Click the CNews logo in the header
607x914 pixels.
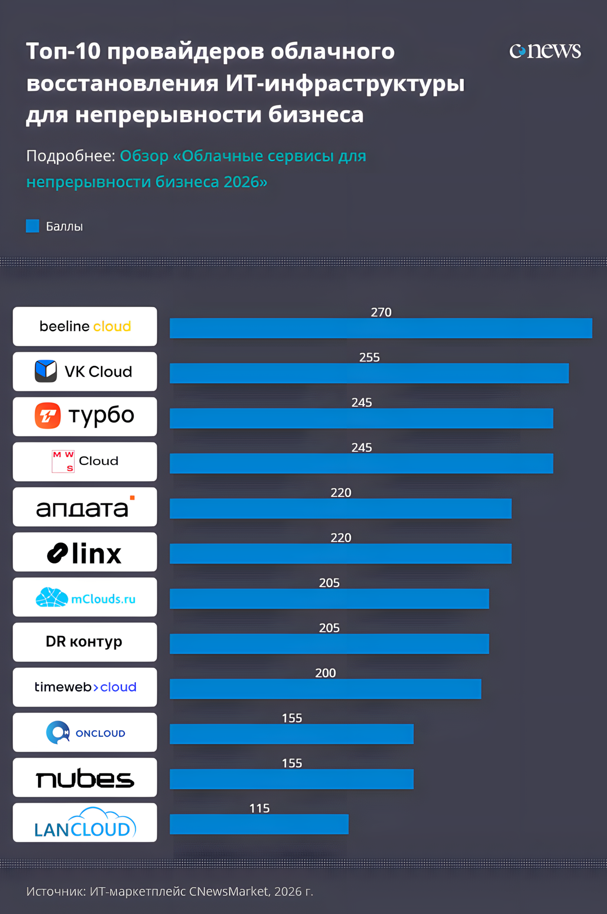pyautogui.click(x=545, y=51)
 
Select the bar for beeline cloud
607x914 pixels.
pyautogui.click(x=381, y=328)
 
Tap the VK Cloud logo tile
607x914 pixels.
pyautogui.click(x=85, y=372)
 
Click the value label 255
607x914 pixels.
pyautogui.click(x=369, y=357)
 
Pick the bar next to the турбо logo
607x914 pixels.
pyautogui.click(x=361, y=418)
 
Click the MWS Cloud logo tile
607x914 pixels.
pyautogui.click(x=85, y=462)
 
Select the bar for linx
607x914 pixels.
pyautogui.click(x=340, y=554)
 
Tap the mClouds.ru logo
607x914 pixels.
pyautogui.click(x=85, y=597)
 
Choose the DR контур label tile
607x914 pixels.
pyautogui.click(x=85, y=642)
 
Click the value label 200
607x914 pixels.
pyautogui.click(x=326, y=673)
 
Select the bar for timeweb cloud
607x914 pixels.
pyautogui.click(x=325, y=689)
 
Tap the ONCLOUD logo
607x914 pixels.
pyautogui.click(x=85, y=732)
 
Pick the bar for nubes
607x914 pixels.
pyautogui.click(x=291, y=779)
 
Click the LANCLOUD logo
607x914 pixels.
pyautogui.click(x=85, y=823)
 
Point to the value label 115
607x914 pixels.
pyautogui.click(x=259, y=808)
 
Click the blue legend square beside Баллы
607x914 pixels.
pyautogui.click(x=33, y=226)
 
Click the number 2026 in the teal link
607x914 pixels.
pyautogui.click(x=241, y=182)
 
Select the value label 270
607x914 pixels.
pyautogui.click(x=381, y=312)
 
